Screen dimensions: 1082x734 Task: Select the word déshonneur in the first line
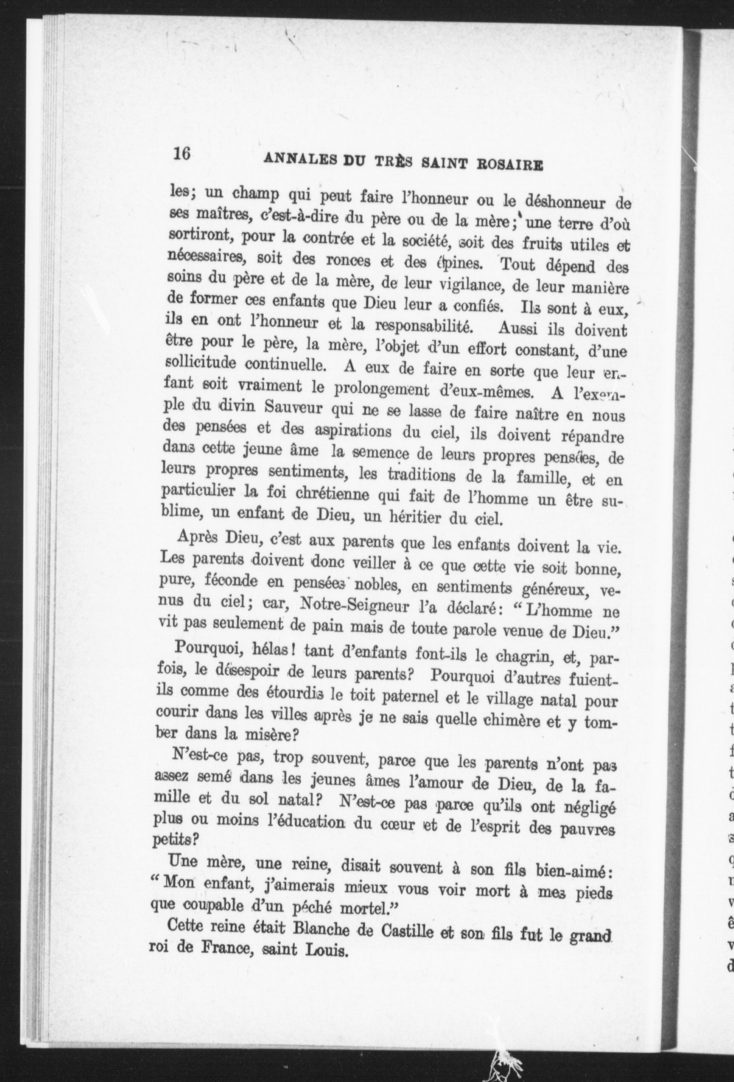(x=559, y=202)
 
